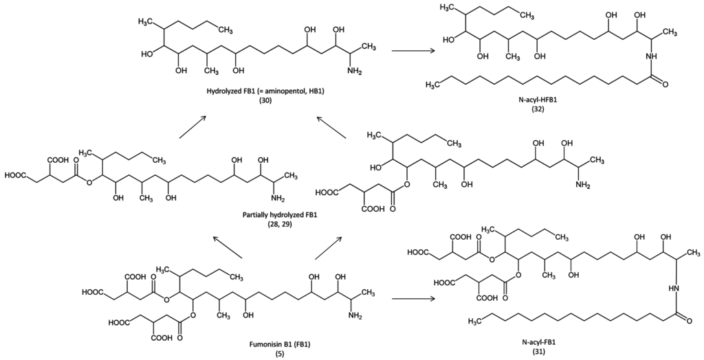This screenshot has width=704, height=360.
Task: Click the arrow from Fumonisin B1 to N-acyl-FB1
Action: click(x=413, y=300)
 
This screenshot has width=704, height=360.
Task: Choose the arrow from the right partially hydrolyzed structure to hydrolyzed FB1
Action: click(x=329, y=128)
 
